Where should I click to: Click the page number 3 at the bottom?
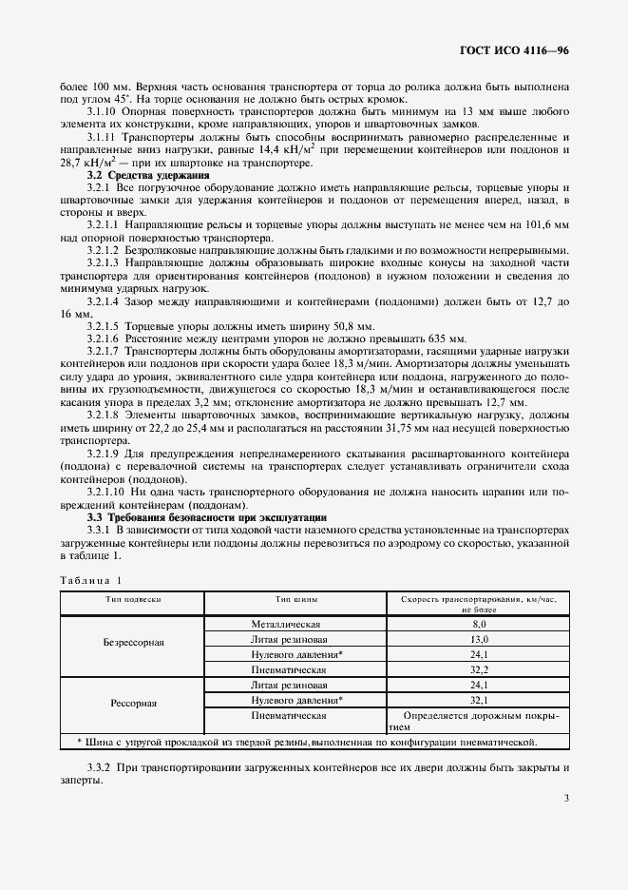566,798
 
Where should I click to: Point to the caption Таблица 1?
91,580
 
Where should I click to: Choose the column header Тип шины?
296,600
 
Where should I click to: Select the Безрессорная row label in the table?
134,643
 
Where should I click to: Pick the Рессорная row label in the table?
134,704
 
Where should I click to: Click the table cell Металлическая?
288,624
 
